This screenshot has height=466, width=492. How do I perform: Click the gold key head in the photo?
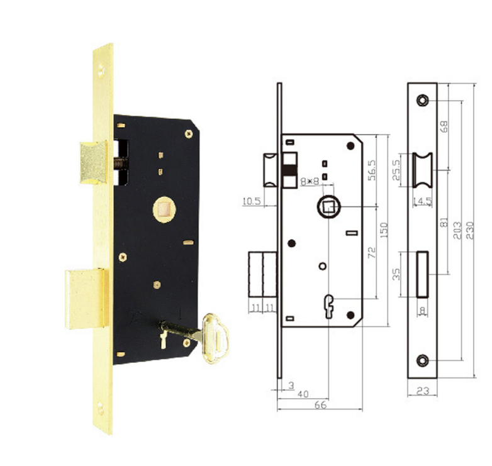tap(215, 339)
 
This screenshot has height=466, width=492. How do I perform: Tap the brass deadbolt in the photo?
tap(86, 299)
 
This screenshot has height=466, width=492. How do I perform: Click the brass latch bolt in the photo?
tap(94, 162)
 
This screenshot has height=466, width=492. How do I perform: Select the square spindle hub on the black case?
tap(164, 209)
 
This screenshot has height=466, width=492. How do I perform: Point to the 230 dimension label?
tap(470, 231)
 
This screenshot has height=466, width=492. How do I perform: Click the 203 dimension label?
tap(457, 231)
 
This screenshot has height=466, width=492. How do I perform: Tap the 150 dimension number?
tap(383, 231)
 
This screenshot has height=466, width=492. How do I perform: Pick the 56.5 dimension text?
tap(371, 170)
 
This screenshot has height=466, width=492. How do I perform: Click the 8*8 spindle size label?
tap(310, 181)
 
